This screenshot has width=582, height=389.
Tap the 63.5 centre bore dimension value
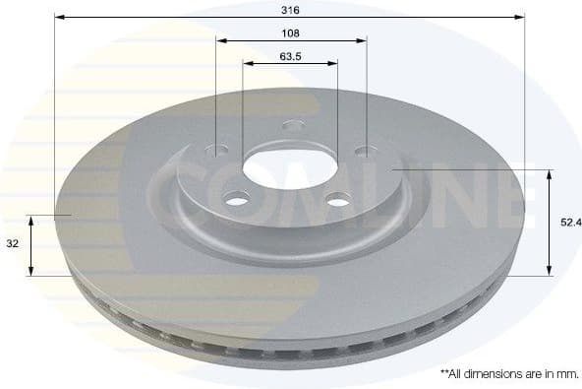click(x=289, y=56)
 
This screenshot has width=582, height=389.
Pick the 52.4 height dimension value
click(x=570, y=223)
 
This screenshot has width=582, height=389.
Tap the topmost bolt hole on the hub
click(x=293, y=125)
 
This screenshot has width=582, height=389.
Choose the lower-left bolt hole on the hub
click(x=237, y=201)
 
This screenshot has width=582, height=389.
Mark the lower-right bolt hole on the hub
click(x=338, y=201)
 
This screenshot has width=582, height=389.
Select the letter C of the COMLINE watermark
click(x=175, y=193)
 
